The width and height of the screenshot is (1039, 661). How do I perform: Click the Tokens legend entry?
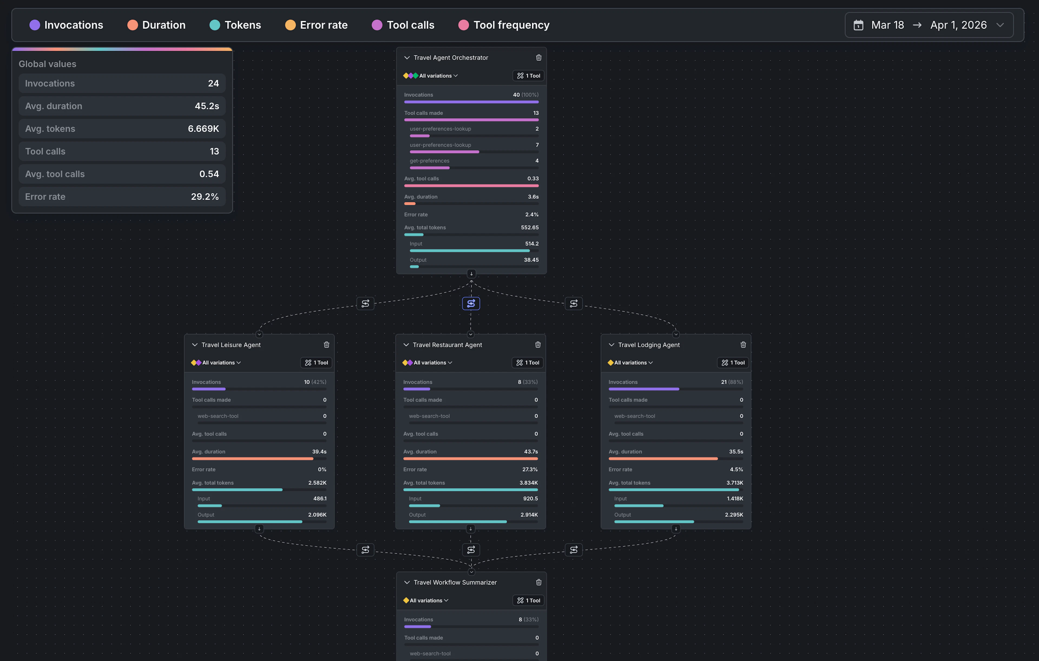tap(236, 25)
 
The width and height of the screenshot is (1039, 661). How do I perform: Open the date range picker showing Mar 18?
tap(929, 25)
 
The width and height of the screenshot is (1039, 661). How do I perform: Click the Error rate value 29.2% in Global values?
tap(205, 197)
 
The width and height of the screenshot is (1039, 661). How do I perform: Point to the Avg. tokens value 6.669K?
tap(203, 129)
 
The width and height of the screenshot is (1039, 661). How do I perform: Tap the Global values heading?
tap(47, 64)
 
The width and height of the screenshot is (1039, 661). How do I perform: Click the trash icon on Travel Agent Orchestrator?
tap(538, 57)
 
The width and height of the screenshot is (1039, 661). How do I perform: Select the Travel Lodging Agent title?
tap(649, 345)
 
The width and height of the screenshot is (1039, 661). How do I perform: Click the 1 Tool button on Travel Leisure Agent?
tap(316, 363)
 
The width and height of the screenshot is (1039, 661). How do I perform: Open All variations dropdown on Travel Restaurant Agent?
tap(430, 363)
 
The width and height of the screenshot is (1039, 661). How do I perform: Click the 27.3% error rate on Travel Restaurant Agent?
tap(530, 469)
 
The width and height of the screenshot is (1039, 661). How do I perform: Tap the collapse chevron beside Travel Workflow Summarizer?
tap(406, 583)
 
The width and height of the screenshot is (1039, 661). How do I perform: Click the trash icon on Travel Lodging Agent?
tap(743, 345)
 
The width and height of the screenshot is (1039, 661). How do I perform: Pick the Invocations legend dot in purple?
tap(35, 25)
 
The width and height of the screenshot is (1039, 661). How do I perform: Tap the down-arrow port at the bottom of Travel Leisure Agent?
tap(259, 528)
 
